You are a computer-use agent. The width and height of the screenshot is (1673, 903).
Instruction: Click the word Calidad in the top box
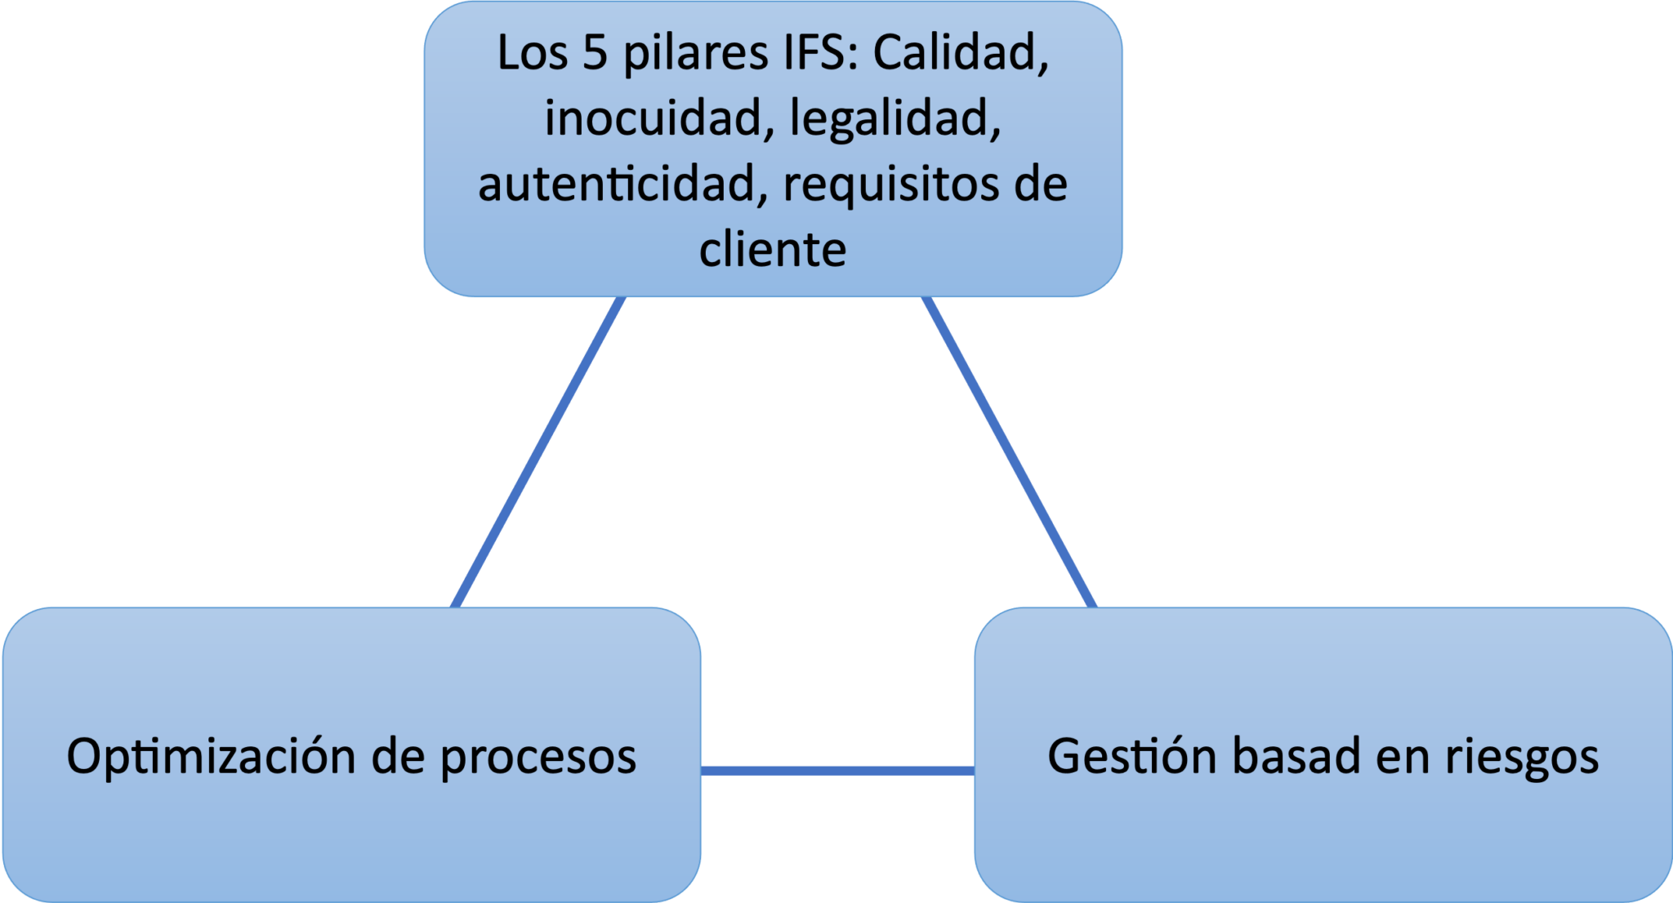[x=961, y=54]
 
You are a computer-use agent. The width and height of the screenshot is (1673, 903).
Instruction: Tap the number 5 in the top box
[x=595, y=54]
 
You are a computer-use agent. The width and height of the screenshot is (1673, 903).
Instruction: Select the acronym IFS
[x=810, y=54]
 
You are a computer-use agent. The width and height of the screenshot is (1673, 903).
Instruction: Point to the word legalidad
[x=895, y=119]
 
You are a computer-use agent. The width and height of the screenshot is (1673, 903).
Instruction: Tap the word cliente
[x=773, y=250]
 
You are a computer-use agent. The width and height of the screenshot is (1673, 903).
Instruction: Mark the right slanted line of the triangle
[x=1010, y=453]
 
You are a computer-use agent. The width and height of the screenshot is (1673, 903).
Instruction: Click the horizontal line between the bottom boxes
[x=837, y=771]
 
